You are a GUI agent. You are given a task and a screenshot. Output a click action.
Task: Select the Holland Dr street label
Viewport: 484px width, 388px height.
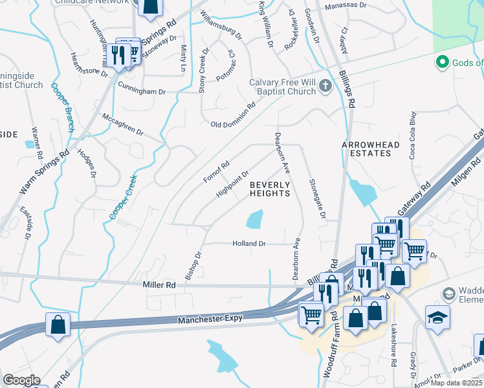coord(249,244)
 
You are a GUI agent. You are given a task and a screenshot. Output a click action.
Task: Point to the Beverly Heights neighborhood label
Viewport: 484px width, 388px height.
coord(270,189)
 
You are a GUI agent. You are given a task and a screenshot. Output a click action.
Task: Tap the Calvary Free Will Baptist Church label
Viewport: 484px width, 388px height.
coord(283,87)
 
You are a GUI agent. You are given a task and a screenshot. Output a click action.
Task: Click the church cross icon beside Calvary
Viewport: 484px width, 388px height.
coord(325,86)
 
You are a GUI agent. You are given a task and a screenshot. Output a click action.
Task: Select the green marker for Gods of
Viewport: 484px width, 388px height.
coord(443,63)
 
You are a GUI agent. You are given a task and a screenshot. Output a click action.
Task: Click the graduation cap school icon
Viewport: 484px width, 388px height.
coord(437,316)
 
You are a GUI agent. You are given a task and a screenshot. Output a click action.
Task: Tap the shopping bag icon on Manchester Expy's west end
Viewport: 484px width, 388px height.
coord(58,323)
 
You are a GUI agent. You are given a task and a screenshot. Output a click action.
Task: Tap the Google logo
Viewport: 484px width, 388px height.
coord(21,380)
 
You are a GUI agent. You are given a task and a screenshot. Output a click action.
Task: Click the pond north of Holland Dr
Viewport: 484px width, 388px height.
coord(255,219)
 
